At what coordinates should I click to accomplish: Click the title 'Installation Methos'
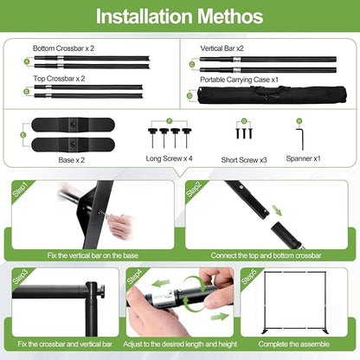179,16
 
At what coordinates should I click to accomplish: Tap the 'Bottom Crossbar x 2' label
63,48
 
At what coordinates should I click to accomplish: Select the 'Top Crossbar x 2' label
59,79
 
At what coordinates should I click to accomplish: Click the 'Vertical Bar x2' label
222,48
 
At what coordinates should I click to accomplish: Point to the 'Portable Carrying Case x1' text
239,80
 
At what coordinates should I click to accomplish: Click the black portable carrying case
272,94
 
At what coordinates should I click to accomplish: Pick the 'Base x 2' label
72,160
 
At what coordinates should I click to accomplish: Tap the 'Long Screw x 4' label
169,158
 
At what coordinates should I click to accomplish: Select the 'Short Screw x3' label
244,160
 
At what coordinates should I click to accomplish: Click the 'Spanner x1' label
303,158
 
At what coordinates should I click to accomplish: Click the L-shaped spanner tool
300,139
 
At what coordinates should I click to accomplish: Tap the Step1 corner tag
20,190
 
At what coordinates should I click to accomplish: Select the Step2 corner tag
194,190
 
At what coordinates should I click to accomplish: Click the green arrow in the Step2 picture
277,209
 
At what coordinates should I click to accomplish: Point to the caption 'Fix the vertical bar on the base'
93,255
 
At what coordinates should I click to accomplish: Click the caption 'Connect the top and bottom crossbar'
266,255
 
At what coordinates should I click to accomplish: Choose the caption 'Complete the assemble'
294,344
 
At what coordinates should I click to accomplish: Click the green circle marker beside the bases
23,135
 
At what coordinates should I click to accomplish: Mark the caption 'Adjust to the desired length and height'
180,344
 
